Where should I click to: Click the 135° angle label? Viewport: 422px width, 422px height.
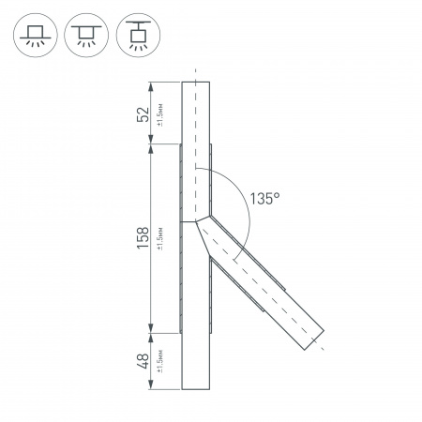coord(265,198)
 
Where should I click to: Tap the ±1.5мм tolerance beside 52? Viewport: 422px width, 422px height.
coord(160,113)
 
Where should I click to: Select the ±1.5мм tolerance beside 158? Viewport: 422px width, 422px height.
coord(160,238)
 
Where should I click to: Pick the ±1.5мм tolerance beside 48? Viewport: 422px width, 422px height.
coord(160,360)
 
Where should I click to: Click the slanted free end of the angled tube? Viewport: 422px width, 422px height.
coord(313,339)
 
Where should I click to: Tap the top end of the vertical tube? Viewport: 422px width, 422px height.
coord(196,83)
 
